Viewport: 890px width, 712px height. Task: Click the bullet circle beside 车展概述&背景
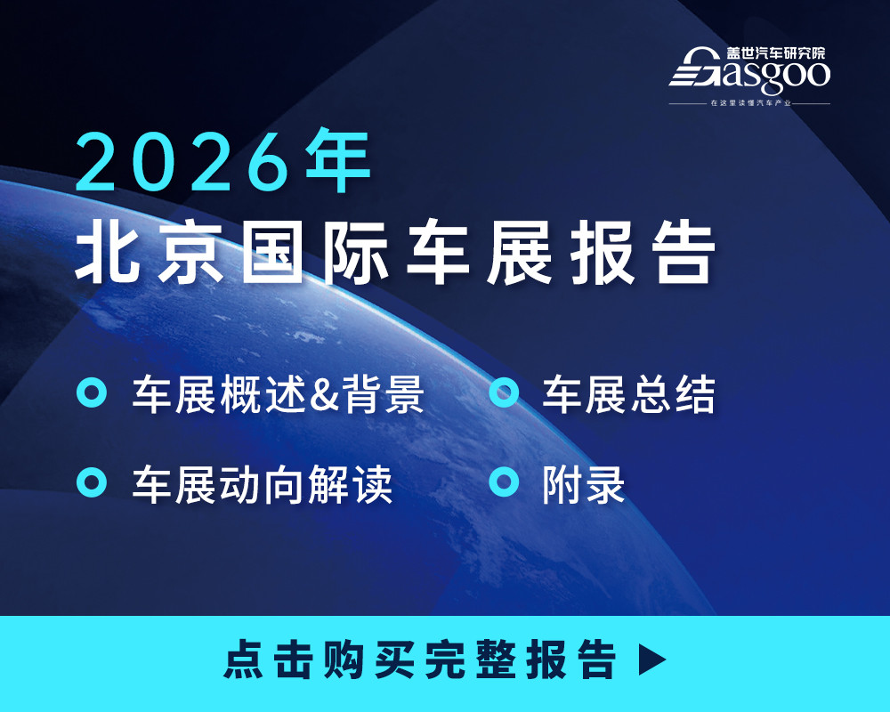(x=92, y=393)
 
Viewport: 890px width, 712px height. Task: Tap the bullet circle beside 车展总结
(x=505, y=393)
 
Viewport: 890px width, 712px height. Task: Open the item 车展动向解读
(x=263, y=484)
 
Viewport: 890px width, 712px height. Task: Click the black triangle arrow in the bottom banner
(x=652, y=659)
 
